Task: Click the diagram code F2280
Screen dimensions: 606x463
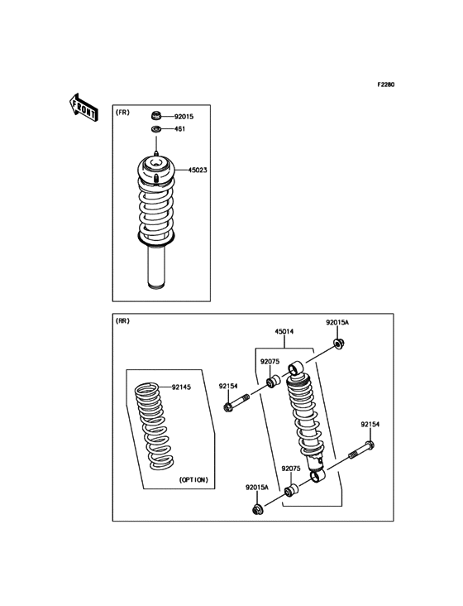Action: coord(386,84)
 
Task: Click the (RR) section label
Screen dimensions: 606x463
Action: coord(123,321)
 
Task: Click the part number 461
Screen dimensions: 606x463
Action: coord(179,129)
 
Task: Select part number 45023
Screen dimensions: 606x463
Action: coord(198,170)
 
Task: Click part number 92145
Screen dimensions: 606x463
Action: coord(183,387)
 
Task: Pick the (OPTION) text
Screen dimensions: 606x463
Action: coord(193,479)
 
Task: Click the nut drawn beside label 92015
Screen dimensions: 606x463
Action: coord(156,116)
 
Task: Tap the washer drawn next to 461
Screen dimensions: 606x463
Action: coord(156,129)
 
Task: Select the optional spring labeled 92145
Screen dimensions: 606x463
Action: coord(156,426)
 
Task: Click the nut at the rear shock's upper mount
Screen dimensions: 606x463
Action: coord(338,343)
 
